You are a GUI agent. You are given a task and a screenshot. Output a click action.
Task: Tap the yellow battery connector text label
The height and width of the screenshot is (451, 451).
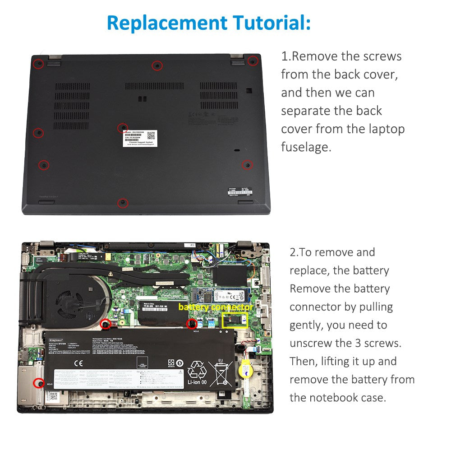(216, 307)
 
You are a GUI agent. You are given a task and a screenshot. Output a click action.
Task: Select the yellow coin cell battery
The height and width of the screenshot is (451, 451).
(244, 365)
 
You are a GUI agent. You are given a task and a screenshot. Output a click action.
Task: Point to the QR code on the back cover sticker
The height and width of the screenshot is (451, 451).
(151, 135)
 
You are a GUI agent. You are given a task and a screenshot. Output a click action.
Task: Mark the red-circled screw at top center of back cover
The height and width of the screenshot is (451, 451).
(156, 65)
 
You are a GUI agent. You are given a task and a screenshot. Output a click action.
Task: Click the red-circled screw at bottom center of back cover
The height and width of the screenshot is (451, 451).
(122, 203)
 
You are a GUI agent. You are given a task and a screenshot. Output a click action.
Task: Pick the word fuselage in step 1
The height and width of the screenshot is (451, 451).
(306, 147)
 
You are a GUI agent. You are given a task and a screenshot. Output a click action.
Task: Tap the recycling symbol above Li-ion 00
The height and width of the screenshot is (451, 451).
(197, 369)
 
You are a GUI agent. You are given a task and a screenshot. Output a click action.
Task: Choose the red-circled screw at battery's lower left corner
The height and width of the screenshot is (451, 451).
(36, 383)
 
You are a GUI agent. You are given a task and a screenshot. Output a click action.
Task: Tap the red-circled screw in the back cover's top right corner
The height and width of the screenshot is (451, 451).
(253, 61)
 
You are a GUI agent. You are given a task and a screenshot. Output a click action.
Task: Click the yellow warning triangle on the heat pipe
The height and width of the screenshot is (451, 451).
(110, 274)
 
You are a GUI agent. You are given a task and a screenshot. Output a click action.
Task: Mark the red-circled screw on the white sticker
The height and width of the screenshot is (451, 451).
(123, 128)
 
